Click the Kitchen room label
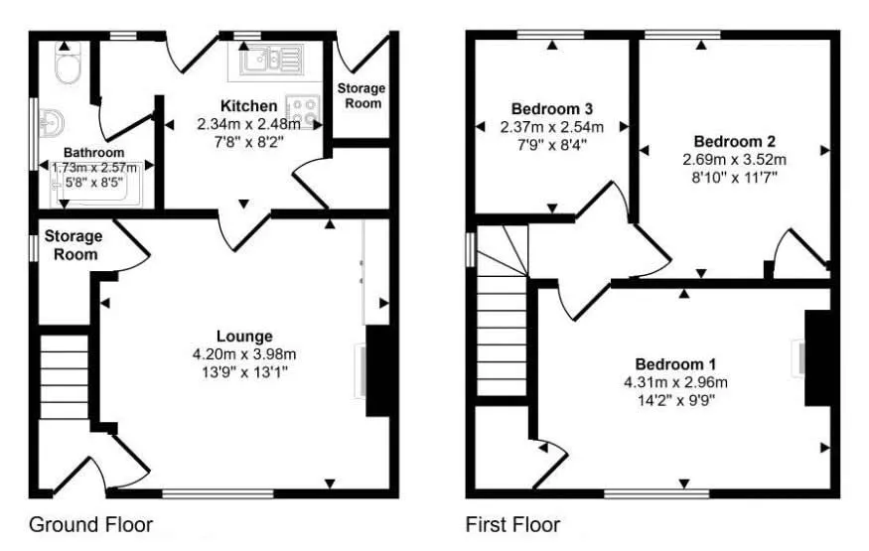[x=249, y=106]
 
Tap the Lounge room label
[x=244, y=336]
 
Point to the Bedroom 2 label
[x=734, y=141]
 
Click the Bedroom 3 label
[x=552, y=108]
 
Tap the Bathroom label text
[x=94, y=153]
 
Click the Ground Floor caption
[x=90, y=524]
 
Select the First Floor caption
[x=512, y=524]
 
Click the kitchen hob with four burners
[x=301, y=109]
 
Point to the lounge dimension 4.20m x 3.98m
[x=244, y=353]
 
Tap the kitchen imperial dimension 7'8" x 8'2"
[x=249, y=143]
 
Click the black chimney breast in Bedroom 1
[x=816, y=357]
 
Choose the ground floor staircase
[x=65, y=381]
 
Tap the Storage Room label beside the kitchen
[x=361, y=95]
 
